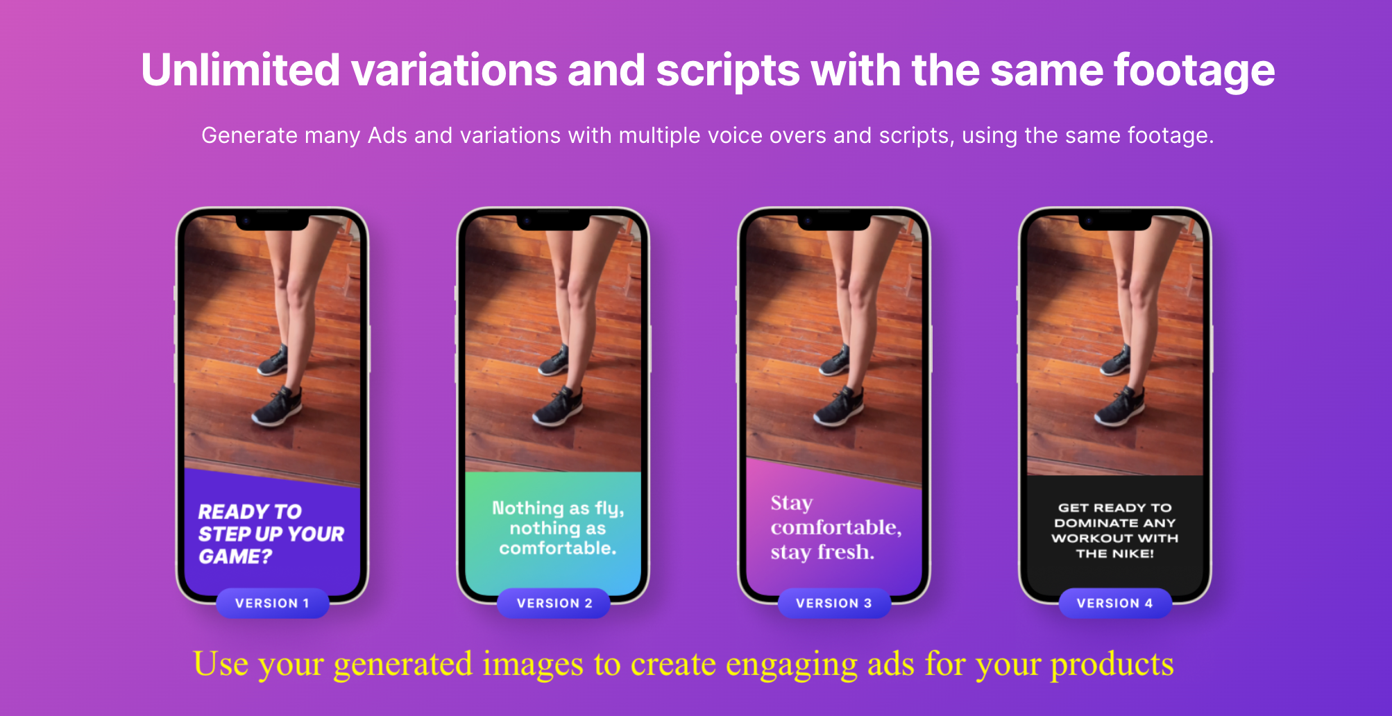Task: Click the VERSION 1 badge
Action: [272, 603]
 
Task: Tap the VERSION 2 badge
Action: [554, 603]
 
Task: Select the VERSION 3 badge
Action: [834, 603]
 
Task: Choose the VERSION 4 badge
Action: [1115, 603]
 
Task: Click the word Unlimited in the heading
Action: [241, 70]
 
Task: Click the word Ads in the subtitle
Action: [387, 135]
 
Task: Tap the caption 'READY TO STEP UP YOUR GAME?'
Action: [271, 534]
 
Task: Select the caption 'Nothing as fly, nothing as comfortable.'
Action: [558, 528]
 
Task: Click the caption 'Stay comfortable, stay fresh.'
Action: [835, 527]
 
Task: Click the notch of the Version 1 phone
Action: [272, 222]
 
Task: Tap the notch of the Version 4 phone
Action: [1115, 222]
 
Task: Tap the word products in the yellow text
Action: [1112, 665]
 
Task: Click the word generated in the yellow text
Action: [403, 665]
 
